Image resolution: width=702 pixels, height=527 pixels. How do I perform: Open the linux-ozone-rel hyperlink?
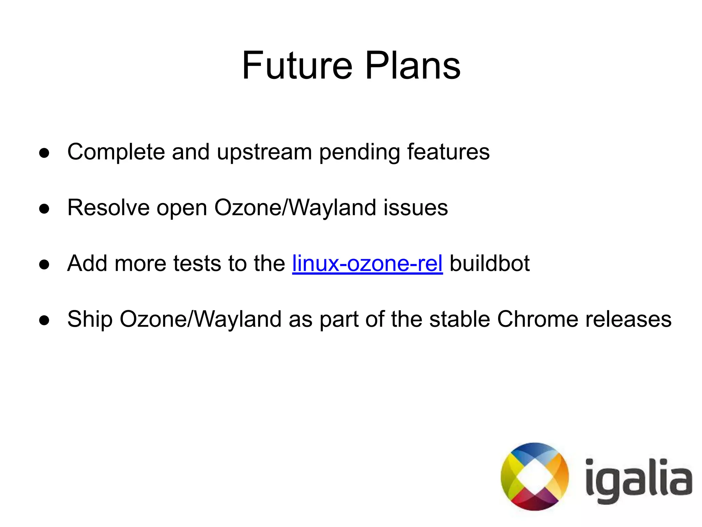(367, 263)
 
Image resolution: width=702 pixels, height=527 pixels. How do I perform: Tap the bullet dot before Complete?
(44, 153)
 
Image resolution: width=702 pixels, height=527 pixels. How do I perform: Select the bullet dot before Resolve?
(44, 209)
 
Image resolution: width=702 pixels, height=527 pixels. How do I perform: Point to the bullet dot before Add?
(44, 265)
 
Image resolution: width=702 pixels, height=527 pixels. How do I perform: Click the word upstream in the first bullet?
(264, 152)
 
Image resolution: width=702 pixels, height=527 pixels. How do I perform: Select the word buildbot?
(489, 263)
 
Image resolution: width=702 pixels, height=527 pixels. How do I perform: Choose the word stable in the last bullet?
(459, 319)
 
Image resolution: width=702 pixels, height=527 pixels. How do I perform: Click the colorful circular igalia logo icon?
(534, 477)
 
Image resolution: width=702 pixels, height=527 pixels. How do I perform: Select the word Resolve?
(108, 207)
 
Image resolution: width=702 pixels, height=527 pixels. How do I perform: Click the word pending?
(359, 152)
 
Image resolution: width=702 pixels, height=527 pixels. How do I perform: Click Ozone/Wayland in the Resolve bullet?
(295, 208)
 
